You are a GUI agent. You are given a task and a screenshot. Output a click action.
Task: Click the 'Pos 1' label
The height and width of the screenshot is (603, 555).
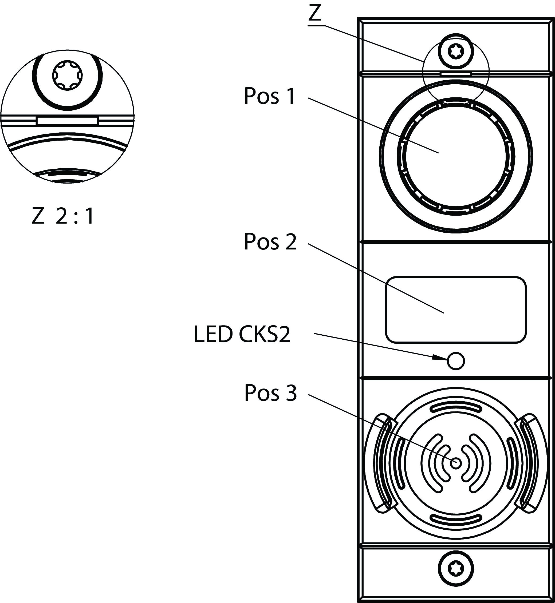270,96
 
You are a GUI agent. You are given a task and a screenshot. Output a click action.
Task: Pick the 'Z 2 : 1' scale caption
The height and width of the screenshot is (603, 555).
63,216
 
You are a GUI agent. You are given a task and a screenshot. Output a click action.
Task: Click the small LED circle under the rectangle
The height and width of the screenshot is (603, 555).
456,361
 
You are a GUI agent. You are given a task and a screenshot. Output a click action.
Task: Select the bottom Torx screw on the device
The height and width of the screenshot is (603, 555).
456,569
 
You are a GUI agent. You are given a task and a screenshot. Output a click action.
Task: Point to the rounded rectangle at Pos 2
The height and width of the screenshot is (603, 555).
456,310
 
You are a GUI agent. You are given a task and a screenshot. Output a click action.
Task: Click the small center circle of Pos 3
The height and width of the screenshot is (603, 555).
456,463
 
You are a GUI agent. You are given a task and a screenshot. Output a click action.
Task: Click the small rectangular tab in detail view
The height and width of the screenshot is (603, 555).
67,121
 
